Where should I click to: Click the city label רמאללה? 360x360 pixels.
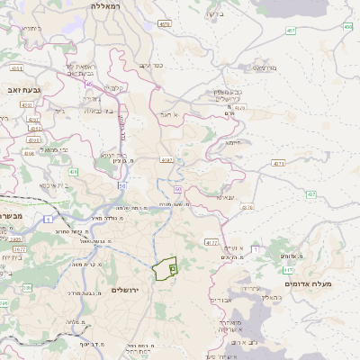[x=112, y=6]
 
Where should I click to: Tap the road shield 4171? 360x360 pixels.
[x=278, y=163]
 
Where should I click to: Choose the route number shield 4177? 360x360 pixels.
[x=211, y=242]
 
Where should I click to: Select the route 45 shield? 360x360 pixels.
[x=89, y=83]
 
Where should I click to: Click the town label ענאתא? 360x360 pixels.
[x=225, y=197]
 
